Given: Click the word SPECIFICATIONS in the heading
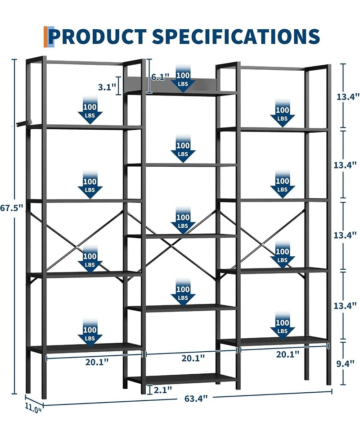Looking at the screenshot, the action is [235, 36].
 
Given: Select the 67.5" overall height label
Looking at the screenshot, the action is [11, 208].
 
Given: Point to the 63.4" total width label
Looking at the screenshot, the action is [196, 398].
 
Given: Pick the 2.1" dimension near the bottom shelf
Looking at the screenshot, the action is [163, 390].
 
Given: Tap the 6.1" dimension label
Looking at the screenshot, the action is [160, 77].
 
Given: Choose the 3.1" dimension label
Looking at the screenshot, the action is [107, 87].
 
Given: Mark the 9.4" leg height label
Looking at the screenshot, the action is [346, 364].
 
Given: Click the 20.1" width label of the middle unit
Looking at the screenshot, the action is [193, 358].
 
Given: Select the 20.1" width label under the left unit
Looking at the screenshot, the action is [97, 362].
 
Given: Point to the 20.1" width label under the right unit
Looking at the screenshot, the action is [288, 354].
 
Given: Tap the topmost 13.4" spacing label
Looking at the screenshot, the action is [348, 96].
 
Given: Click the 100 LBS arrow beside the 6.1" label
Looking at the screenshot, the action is [183, 78].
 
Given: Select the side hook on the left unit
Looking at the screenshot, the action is [24, 122].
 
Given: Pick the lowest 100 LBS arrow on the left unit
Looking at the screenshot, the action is [90, 332].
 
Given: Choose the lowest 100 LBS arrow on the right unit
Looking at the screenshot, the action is [282, 325].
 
